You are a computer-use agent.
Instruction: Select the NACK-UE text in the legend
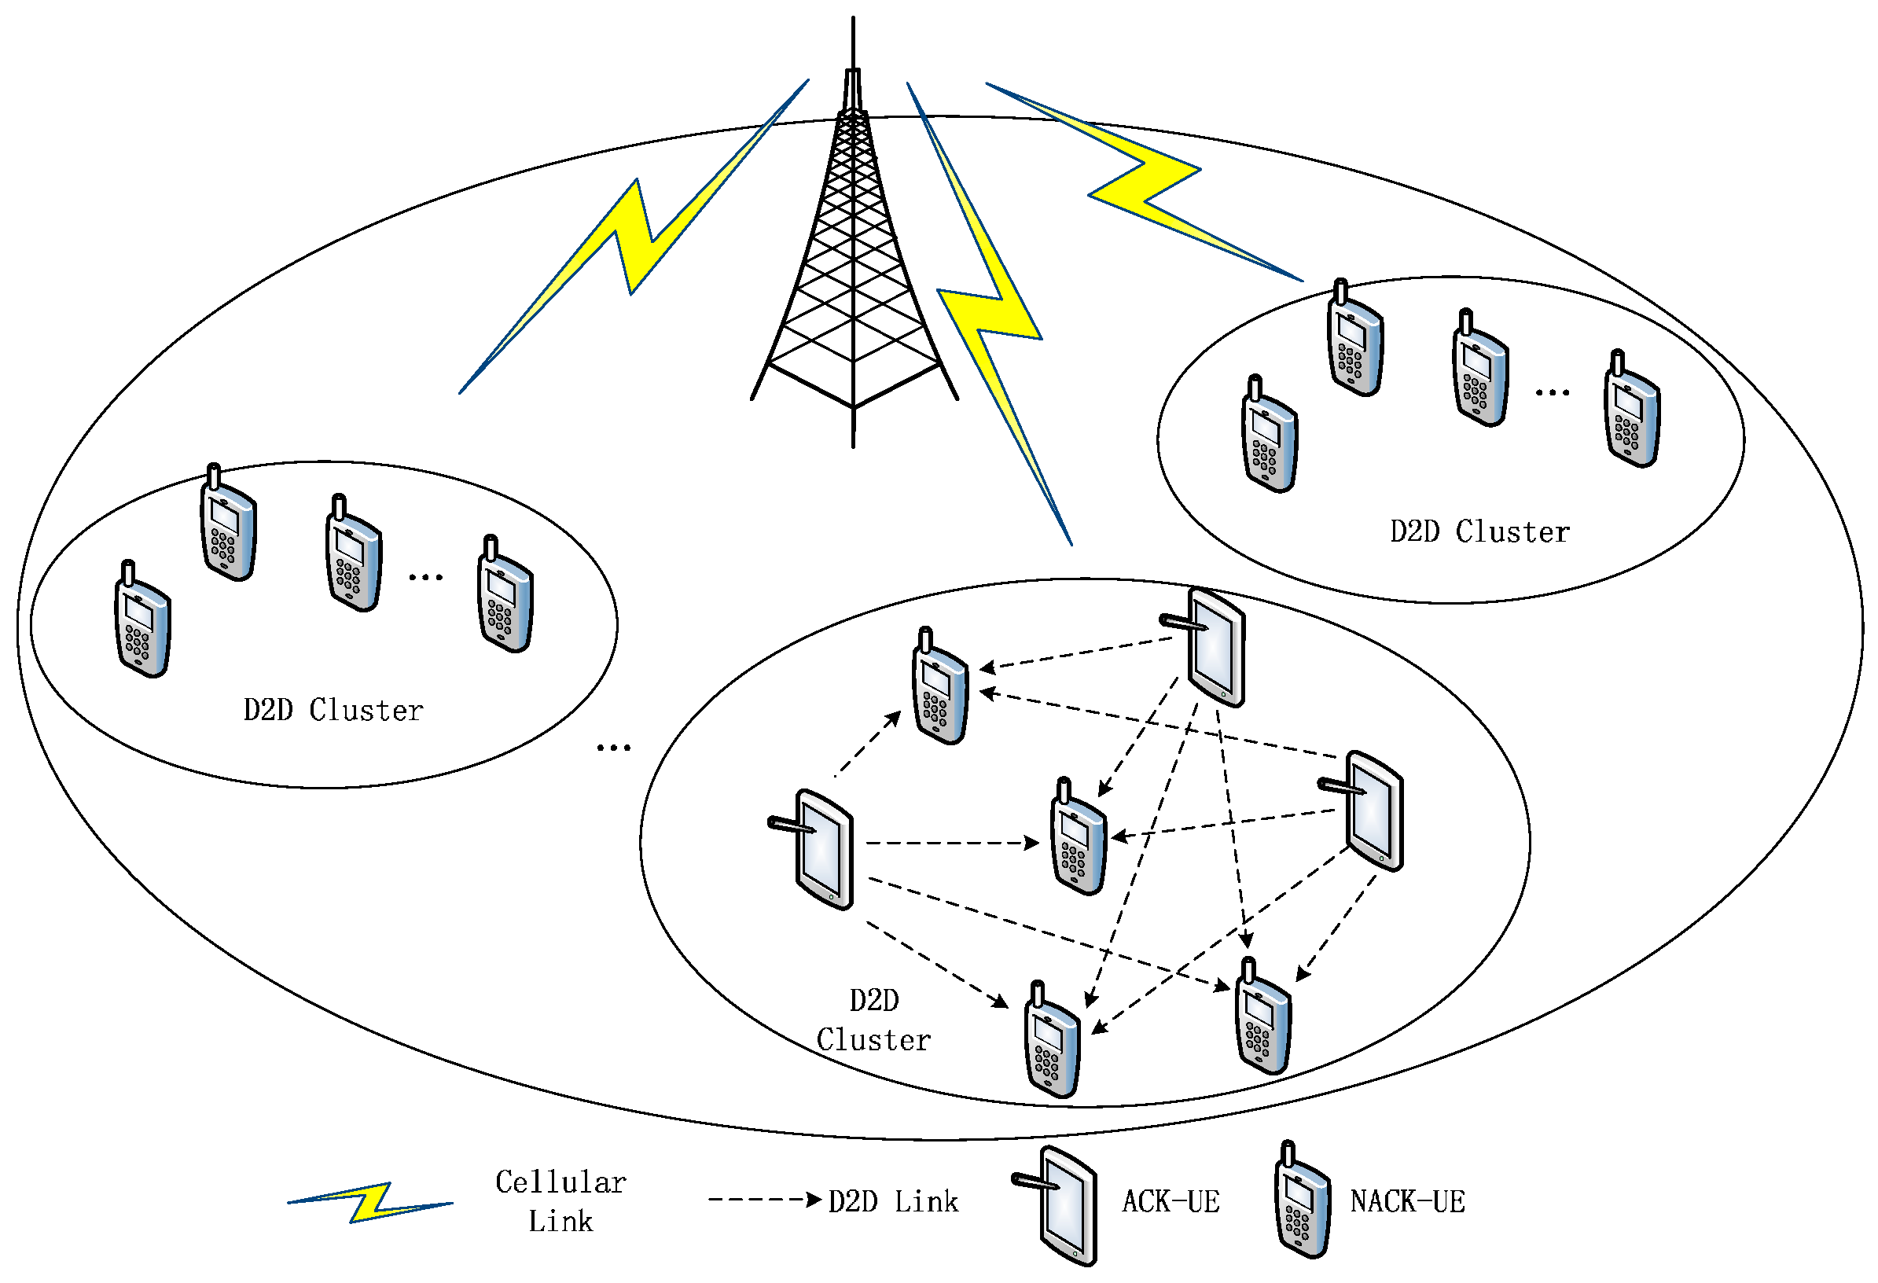tap(1407, 1201)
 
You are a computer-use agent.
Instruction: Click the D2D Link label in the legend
tap(893, 1201)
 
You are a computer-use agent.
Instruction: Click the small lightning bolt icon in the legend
tap(370, 1202)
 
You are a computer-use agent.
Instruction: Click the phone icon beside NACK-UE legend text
tap(1302, 1201)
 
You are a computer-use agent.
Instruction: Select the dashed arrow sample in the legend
tap(763, 1200)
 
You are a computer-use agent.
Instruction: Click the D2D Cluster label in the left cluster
tap(333, 710)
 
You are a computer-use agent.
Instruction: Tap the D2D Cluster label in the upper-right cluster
tap(1479, 531)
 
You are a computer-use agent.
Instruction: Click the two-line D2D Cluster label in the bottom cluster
tap(873, 1020)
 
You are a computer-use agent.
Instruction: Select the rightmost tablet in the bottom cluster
tap(1371, 811)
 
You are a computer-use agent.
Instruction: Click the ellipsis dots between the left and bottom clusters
tap(613, 748)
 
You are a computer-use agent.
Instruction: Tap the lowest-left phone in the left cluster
tap(142, 620)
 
